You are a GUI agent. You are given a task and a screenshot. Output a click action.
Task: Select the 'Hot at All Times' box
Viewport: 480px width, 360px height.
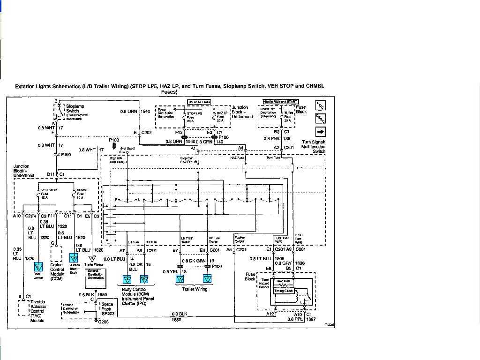(199, 102)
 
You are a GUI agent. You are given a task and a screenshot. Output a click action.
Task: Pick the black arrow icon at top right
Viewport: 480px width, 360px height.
(321, 133)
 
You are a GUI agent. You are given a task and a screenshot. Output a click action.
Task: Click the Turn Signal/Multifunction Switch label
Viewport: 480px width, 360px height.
(313, 147)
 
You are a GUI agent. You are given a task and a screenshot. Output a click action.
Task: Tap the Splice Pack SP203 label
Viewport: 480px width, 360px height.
(107, 309)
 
